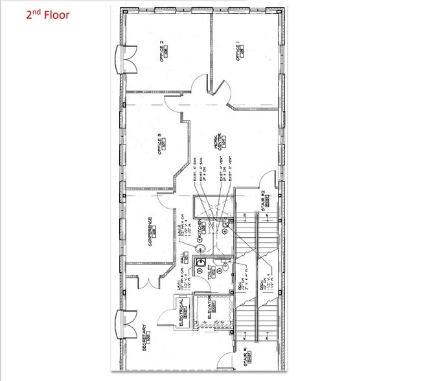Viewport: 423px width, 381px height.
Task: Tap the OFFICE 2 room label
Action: tap(162, 51)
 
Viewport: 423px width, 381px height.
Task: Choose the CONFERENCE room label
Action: tap(150, 231)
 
